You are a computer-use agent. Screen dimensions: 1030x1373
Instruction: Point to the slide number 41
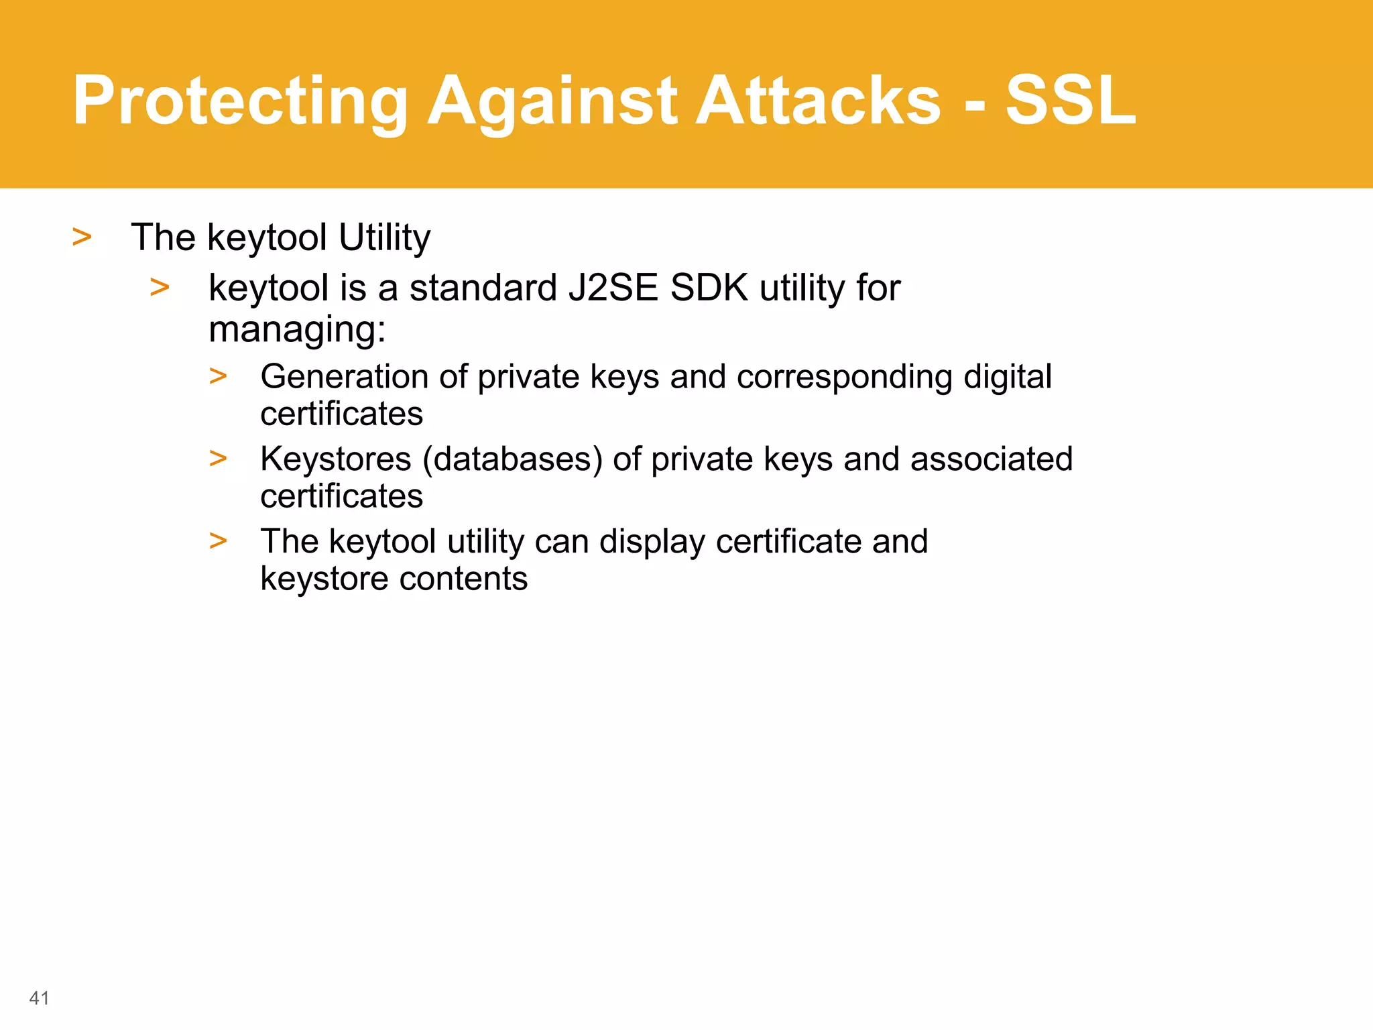(40, 998)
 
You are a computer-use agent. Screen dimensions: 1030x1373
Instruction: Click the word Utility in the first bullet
(384, 237)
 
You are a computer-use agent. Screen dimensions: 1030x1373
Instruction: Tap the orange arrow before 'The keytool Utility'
(82, 237)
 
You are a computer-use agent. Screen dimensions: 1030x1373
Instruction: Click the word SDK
(709, 288)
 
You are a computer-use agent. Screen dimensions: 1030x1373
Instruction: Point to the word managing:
(297, 329)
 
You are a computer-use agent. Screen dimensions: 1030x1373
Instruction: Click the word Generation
(344, 376)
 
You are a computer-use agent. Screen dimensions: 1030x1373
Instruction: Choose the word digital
(1007, 376)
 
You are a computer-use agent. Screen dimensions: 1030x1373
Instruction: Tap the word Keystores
(335, 459)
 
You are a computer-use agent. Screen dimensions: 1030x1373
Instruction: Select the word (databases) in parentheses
(512, 459)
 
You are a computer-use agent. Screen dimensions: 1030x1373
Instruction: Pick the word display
(652, 542)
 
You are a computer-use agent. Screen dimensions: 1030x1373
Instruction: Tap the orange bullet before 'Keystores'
(218, 459)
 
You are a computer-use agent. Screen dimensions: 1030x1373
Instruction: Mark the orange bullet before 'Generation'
(218, 376)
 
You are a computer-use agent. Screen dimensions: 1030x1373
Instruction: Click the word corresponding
(844, 376)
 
